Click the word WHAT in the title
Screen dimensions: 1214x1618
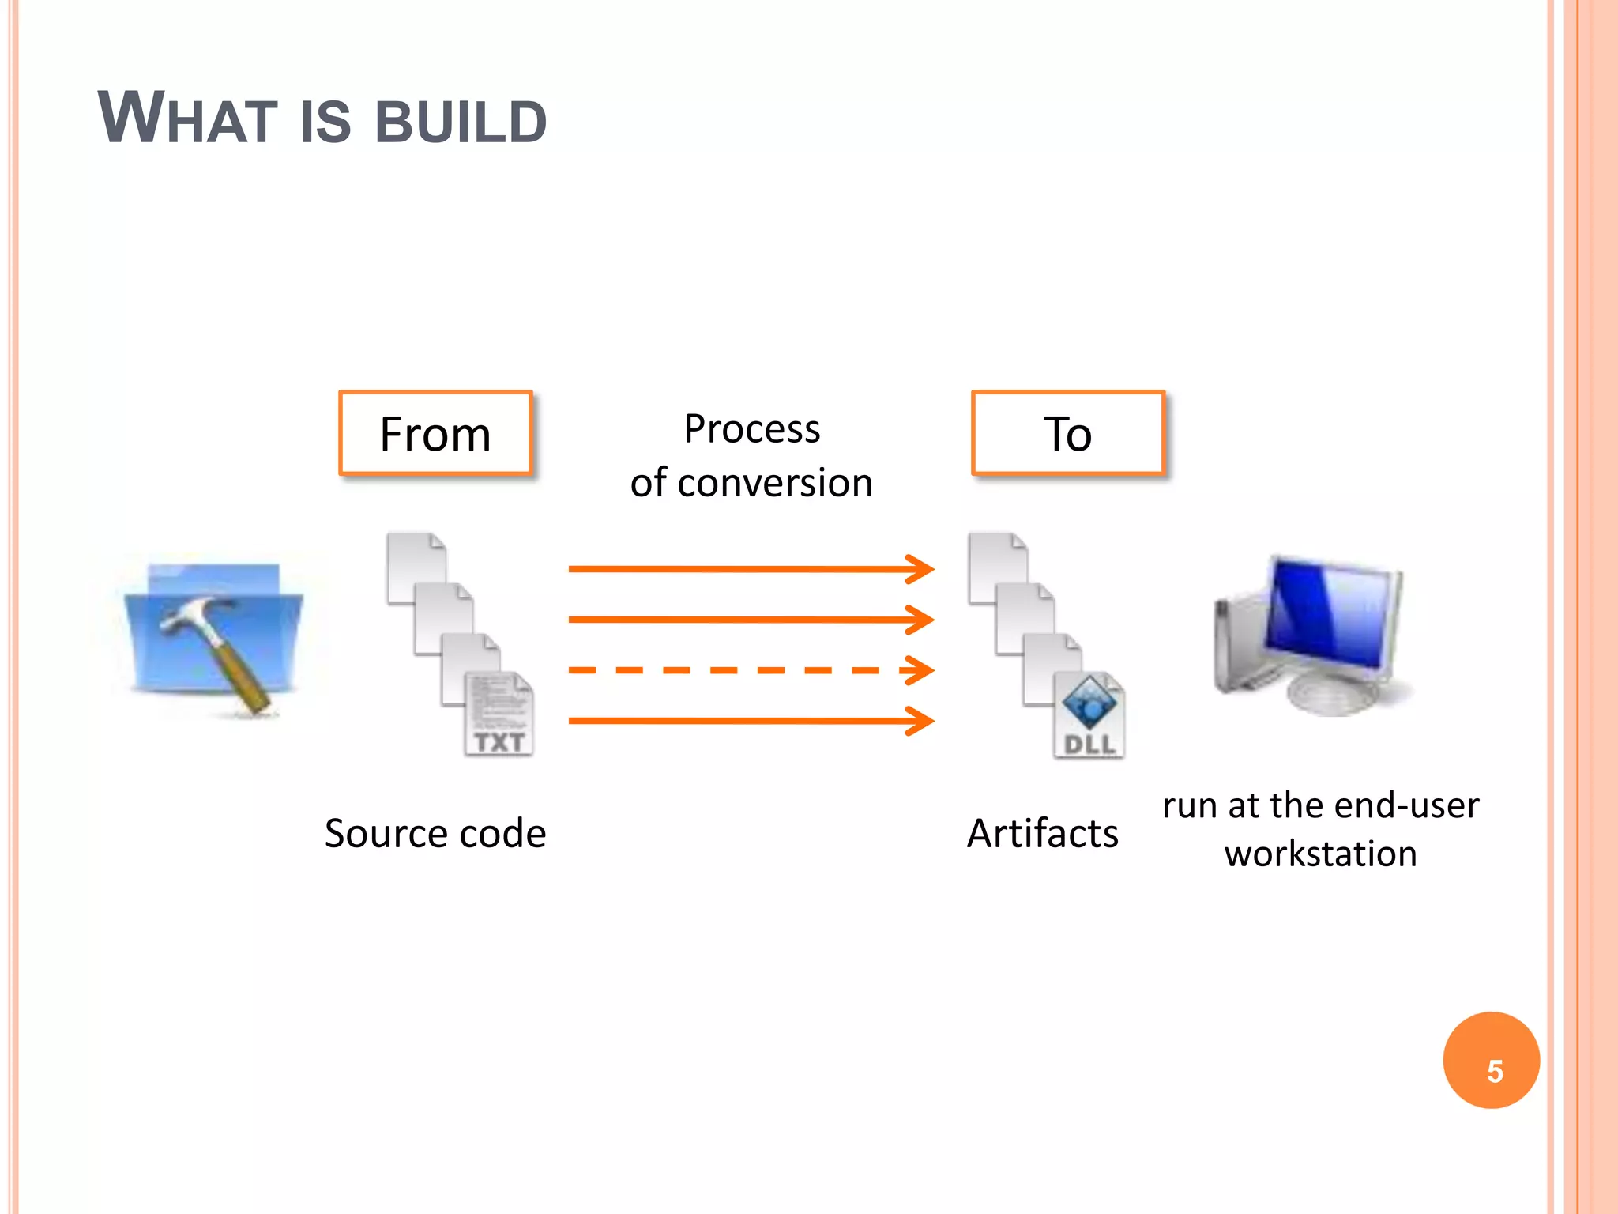coord(187,119)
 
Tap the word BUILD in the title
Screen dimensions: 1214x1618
coord(461,123)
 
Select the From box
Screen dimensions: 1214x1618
coord(435,433)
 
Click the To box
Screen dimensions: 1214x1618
coord(1067,433)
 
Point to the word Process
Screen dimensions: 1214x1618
coord(751,429)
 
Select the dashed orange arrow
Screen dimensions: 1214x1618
coord(751,670)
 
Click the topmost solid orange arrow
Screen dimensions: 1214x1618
coord(751,568)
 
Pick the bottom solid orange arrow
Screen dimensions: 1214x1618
coord(751,720)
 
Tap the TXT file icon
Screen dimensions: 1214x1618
coord(499,714)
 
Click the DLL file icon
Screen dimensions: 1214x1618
coord(1089,716)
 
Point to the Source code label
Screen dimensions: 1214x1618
coord(435,833)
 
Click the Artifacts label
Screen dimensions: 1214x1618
coord(1042,833)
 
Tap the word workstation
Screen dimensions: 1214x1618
coord(1320,854)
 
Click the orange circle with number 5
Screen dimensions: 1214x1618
coord(1491,1060)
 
